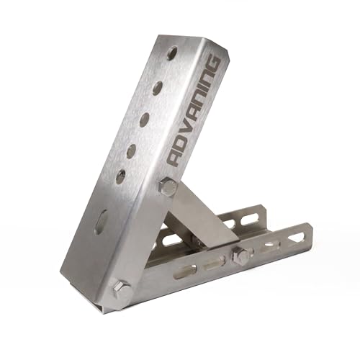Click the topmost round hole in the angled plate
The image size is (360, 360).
(x=171, y=53)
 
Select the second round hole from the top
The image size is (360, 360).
(x=157, y=88)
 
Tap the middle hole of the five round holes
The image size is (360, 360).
(x=144, y=119)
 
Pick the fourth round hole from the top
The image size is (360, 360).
(x=132, y=150)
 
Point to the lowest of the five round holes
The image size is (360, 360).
(x=120, y=176)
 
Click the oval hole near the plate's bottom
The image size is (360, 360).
(x=100, y=221)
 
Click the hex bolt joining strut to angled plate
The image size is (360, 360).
(x=168, y=186)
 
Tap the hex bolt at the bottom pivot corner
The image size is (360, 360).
(x=122, y=291)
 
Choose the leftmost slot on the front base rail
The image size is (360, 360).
(x=184, y=272)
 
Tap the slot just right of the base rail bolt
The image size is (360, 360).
(x=268, y=245)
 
